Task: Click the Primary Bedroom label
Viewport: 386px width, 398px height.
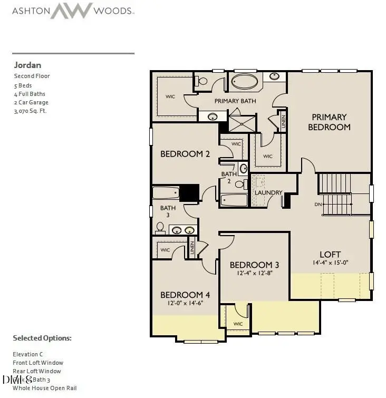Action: (x=329, y=122)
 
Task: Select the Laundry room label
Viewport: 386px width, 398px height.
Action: (x=268, y=192)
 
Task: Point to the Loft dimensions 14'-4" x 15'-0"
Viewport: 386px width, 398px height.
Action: (x=330, y=262)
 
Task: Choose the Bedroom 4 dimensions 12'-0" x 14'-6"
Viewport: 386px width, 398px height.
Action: (x=181, y=303)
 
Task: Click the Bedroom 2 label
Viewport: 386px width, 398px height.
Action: (x=185, y=154)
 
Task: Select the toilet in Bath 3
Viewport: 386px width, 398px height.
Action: (x=160, y=227)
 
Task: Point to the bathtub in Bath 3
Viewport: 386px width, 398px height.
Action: (x=166, y=192)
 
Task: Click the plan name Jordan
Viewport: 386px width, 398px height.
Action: (x=27, y=65)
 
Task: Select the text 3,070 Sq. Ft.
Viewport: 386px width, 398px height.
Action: (x=30, y=111)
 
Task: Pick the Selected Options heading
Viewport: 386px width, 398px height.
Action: (x=42, y=338)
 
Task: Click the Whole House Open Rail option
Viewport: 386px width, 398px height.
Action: (x=44, y=388)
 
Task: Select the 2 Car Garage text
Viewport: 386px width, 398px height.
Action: (x=31, y=102)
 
